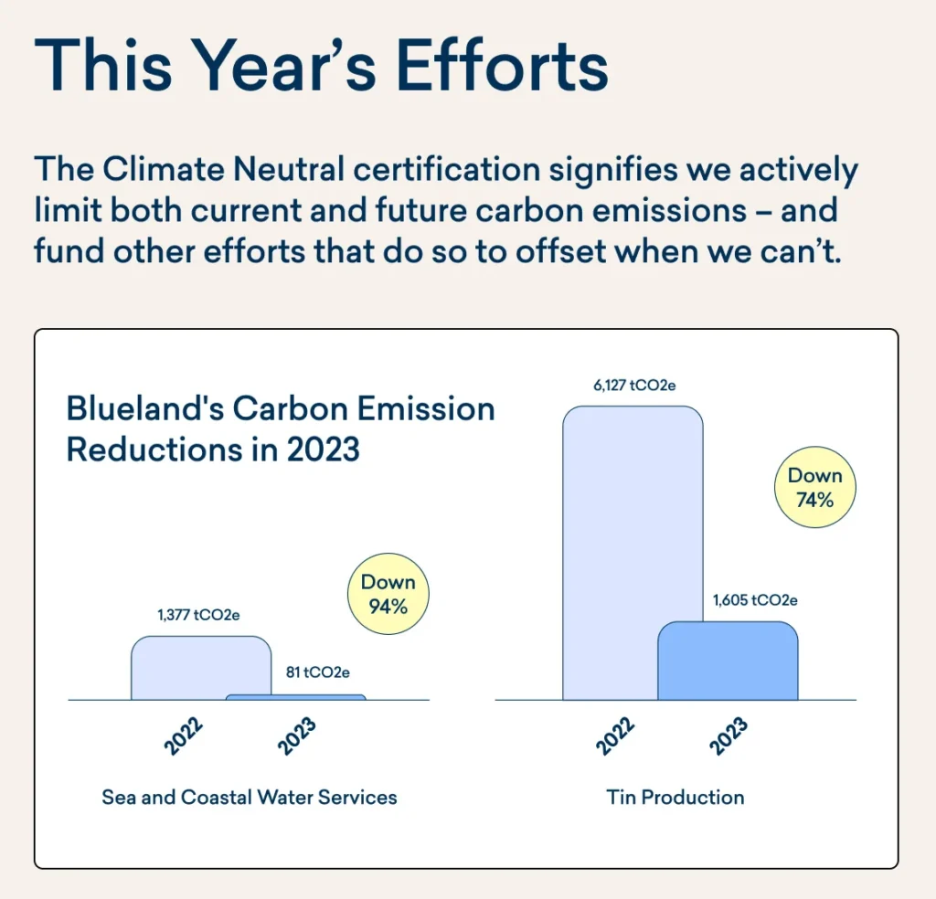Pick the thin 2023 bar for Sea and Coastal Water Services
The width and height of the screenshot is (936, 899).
coord(296,697)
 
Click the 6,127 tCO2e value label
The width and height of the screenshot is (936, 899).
coord(634,386)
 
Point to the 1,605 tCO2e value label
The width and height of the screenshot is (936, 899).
coord(755,600)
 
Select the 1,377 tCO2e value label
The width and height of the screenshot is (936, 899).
coord(199,615)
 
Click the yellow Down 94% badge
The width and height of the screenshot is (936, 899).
coord(388,594)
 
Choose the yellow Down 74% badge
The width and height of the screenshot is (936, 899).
coord(814,487)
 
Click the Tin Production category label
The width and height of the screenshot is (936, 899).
coord(675,797)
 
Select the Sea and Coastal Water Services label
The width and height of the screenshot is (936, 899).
coord(250,797)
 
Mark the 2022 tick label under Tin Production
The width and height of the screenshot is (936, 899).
coord(615,736)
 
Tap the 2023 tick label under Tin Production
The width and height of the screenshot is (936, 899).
coord(729,736)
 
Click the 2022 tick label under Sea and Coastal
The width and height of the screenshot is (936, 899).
coord(184,736)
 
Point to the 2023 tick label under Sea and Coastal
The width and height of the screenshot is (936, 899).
coord(297,736)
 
